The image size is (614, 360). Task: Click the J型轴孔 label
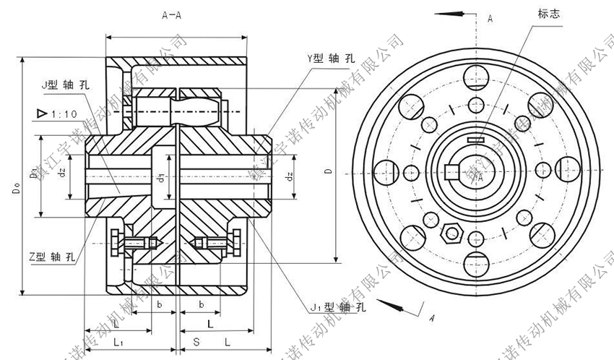67,85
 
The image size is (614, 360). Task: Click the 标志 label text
548,14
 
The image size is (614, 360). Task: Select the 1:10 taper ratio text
65,113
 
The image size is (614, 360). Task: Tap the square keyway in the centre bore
453,172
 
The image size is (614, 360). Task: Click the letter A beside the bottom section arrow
431,317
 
